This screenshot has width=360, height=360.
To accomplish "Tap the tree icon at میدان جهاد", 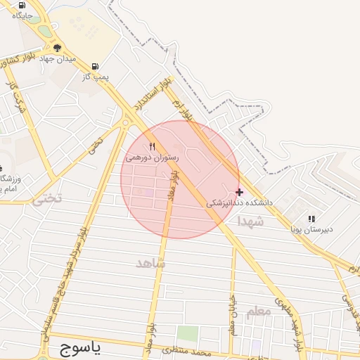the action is pos(57,47).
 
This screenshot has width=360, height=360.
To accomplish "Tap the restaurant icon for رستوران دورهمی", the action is pos(152,146).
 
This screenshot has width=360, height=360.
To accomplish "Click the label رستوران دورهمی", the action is pos(152,157).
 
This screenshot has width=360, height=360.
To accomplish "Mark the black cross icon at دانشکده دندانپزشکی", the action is pos(240,191).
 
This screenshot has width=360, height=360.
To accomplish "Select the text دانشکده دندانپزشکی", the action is pos(239,202).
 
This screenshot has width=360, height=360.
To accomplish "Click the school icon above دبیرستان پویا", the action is pos(311,219).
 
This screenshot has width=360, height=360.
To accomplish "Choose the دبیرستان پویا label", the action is pos(312,229).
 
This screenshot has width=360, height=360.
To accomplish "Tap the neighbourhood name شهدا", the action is pos(250,221).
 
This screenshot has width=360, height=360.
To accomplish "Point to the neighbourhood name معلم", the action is pos(258,311).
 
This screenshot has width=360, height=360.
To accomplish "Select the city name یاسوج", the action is pos(77,347).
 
